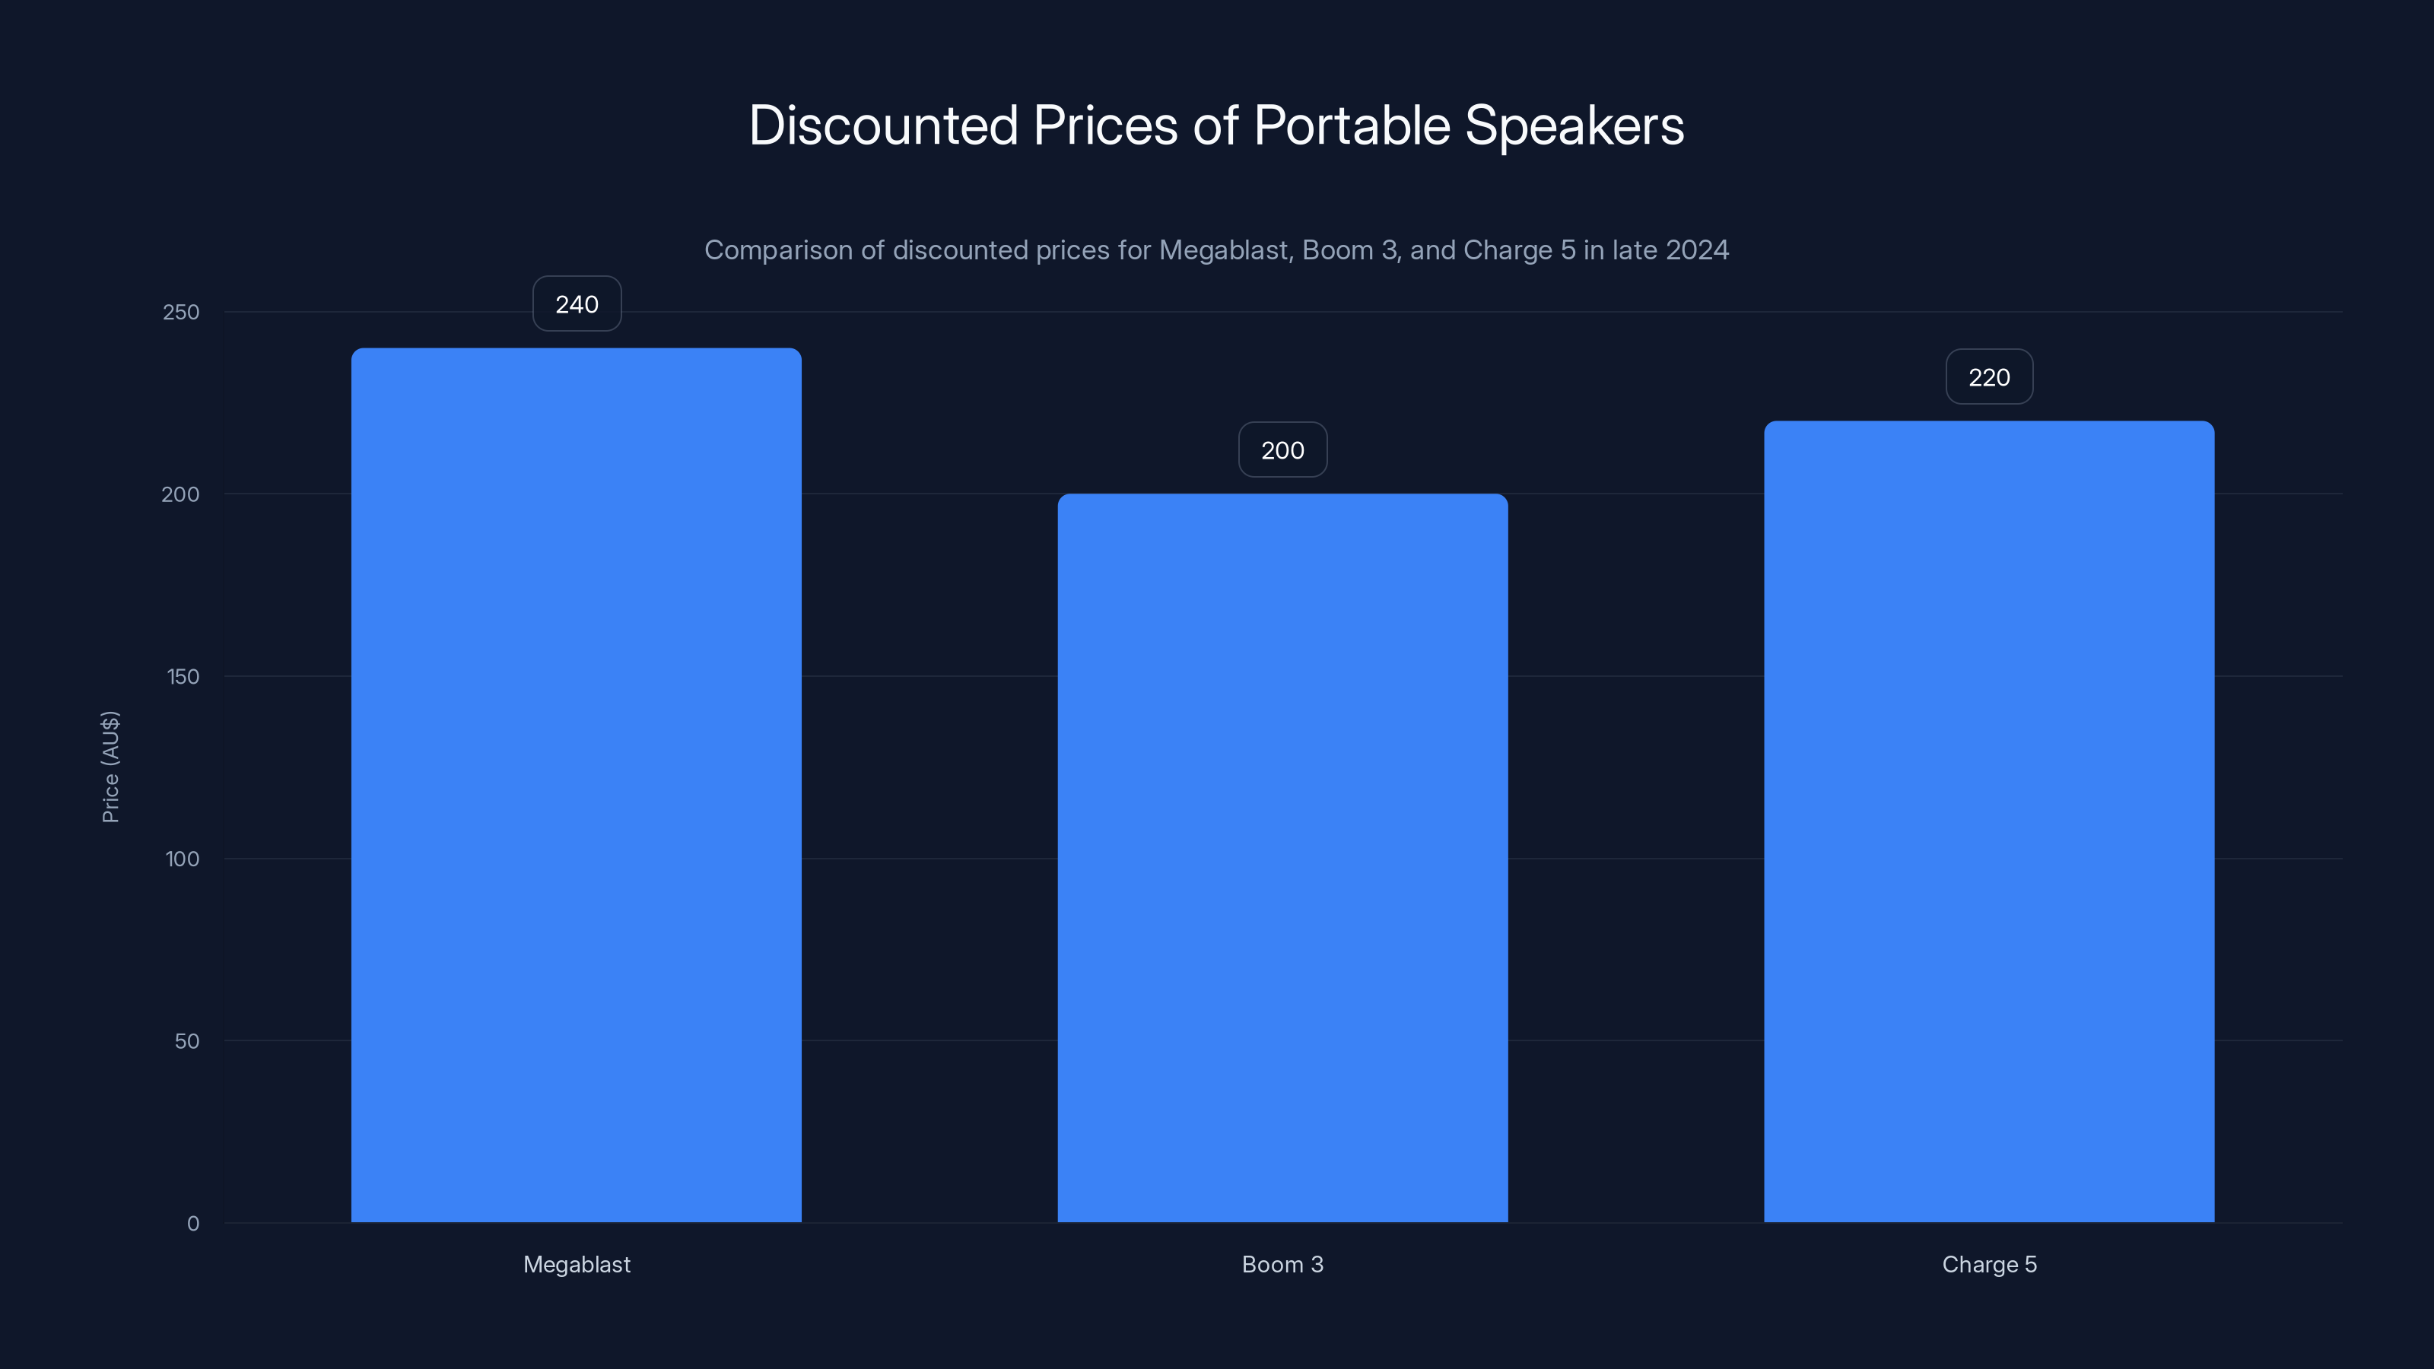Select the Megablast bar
577,784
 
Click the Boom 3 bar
1282,857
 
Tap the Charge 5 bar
1988,821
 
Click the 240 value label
577,304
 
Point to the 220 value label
1988,377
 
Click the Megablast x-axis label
577,1264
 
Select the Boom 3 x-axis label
1282,1264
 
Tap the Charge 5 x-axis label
1988,1264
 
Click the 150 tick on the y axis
183,676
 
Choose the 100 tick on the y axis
183,859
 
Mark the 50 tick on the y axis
186,1041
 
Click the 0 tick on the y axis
192,1224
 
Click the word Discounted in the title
883,125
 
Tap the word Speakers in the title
1574,125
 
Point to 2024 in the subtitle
1697,249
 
